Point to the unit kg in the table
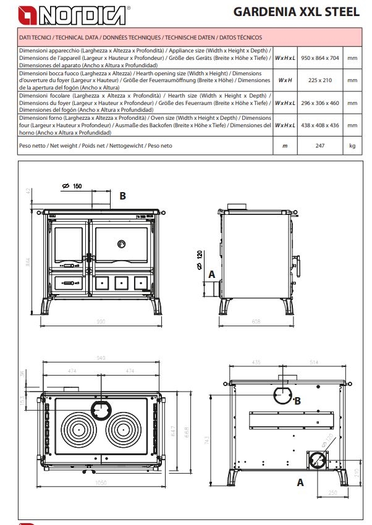pyautogui.click(x=352, y=146)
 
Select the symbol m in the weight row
pyautogui.click(x=285, y=146)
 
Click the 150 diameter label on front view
pyautogui.click(x=77, y=186)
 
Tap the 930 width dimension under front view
pyautogui.click(x=101, y=322)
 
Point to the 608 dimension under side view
pyautogui.click(x=255, y=322)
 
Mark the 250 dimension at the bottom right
pyautogui.click(x=333, y=492)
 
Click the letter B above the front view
pyautogui.click(x=122, y=196)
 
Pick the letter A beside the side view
pyautogui.click(x=212, y=274)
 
